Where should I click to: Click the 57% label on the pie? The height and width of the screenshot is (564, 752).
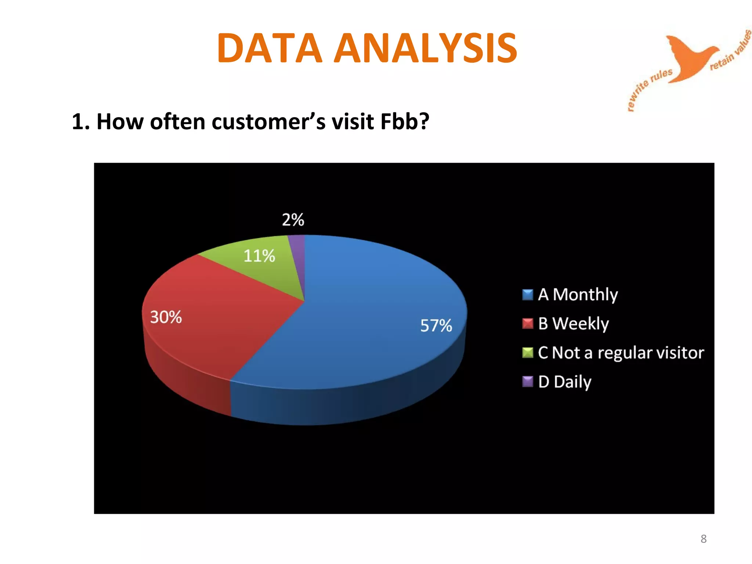click(436, 325)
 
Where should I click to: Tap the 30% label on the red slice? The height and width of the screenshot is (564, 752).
click(166, 317)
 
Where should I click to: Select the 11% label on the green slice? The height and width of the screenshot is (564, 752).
click(259, 256)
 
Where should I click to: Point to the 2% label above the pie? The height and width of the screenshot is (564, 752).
click(293, 220)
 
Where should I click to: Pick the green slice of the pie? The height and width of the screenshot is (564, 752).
click(264, 272)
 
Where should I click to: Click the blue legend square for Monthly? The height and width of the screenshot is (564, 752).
click(527, 294)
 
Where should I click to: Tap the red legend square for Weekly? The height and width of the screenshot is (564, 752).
click(527, 323)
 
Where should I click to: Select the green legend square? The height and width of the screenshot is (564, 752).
click(527, 352)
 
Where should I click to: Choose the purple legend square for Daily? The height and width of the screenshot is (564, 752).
click(527, 382)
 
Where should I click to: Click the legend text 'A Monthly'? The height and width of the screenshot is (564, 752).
click(578, 294)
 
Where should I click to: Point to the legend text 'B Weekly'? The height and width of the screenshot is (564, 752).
click(573, 323)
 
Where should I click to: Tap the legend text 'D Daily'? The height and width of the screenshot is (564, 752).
click(565, 382)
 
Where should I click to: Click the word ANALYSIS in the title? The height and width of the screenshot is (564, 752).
click(426, 48)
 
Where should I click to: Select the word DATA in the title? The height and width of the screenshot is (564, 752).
click(269, 48)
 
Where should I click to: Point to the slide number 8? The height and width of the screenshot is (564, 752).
click(703, 539)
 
